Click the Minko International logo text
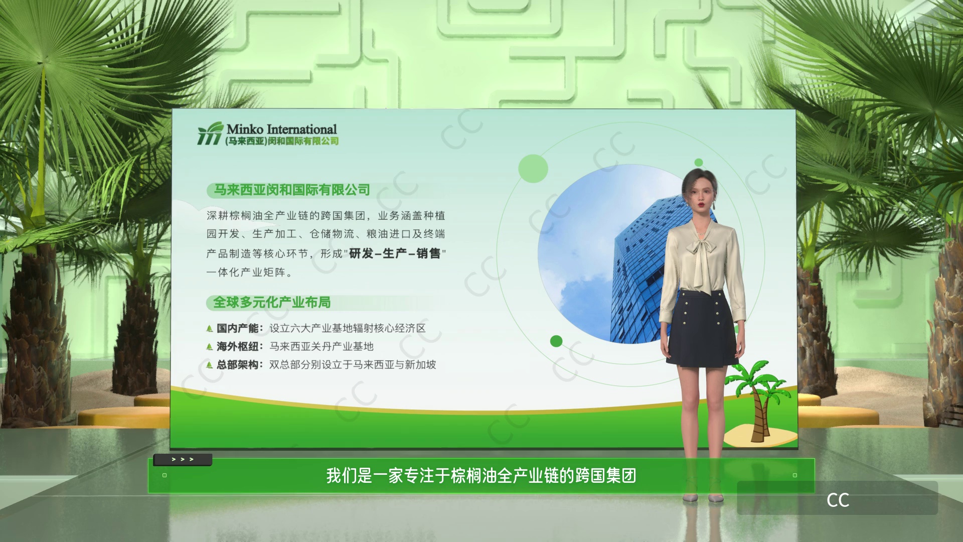[281, 129]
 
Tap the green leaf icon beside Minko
[210, 133]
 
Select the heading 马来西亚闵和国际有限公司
[292, 190]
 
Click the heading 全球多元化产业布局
[272, 302]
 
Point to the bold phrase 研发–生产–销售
[395, 253]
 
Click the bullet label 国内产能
[237, 328]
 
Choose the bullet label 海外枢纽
[237, 346]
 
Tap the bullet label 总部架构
[237, 364]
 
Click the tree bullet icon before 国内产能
[210, 329]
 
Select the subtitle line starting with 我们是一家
[481, 475]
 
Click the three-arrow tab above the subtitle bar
[183, 459]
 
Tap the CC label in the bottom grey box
[838, 500]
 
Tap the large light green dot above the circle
[533, 168]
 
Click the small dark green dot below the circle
[556, 341]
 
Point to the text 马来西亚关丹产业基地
[322, 346]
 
